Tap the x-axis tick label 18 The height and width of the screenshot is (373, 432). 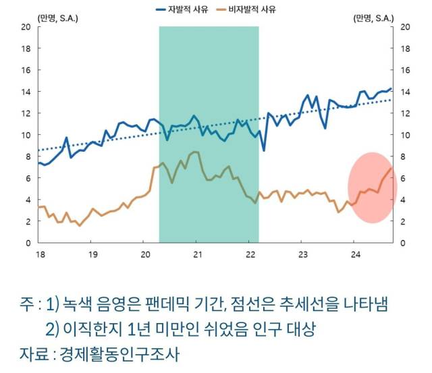(40, 254)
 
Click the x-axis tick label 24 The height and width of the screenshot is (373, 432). (356, 254)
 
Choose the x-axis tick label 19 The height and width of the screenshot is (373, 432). (92, 254)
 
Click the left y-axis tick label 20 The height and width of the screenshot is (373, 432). (26, 27)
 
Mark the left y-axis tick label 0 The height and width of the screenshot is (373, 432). (28, 243)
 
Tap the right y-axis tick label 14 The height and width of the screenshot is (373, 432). (406, 92)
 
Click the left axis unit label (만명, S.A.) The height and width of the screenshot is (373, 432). (58, 18)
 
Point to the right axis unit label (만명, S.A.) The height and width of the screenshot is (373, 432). (373, 18)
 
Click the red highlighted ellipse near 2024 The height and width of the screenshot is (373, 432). (371, 188)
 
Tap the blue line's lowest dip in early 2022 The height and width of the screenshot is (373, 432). (264, 150)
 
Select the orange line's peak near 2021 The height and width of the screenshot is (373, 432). (195, 152)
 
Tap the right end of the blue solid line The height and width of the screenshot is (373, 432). (390, 88)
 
